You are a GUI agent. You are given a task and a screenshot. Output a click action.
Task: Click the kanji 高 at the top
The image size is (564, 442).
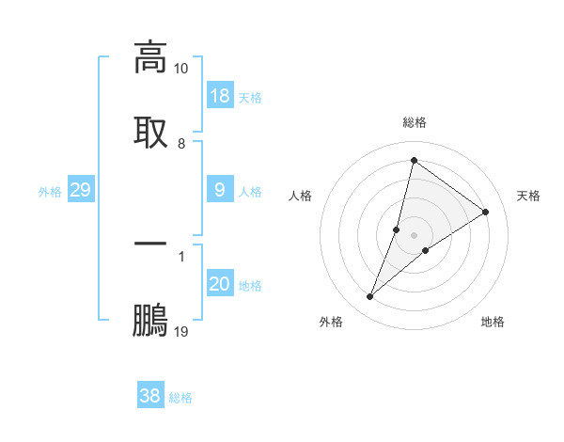tap(150, 58)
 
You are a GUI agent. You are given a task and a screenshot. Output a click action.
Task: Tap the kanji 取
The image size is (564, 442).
tap(150, 132)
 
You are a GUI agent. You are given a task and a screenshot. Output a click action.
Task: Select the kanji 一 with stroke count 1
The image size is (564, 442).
tap(150, 244)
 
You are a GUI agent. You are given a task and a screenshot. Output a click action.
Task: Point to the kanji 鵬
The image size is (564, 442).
tap(150, 319)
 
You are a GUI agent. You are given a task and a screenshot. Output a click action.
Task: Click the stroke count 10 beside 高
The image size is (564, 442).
tap(181, 69)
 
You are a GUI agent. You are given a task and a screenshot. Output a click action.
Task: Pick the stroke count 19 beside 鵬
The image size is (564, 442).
tap(181, 331)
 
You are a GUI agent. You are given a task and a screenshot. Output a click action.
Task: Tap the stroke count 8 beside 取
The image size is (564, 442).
tap(181, 143)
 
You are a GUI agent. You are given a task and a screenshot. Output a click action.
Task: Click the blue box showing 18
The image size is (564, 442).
tap(220, 96)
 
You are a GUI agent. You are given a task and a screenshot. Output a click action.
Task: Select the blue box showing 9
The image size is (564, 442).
tap(220, 190)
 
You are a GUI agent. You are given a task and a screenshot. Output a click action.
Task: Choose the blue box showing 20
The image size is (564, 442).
tap(220, 284)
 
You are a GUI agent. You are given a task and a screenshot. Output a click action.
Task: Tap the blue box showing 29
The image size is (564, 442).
tap(80, 190)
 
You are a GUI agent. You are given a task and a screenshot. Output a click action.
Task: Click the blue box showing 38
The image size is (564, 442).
tap(150, 396)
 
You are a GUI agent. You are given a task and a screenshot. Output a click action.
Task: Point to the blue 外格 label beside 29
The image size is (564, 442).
tap(50, 191)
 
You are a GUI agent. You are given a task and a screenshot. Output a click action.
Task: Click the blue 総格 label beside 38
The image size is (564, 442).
tap(180, 398)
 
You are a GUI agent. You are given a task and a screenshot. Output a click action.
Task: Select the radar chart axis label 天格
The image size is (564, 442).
tap(529, 196)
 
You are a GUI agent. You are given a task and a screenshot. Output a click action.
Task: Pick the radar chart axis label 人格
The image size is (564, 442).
tap(300, 196)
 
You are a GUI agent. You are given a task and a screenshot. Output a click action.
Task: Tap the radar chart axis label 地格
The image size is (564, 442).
tap(493, 322)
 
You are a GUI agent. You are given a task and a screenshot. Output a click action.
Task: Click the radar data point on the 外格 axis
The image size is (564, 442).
tap(370, 297)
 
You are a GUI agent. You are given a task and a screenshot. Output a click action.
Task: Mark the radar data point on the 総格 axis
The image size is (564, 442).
tap(414, 161)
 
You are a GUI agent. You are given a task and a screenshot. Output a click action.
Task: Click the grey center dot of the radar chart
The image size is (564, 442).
tap(415, 235)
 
